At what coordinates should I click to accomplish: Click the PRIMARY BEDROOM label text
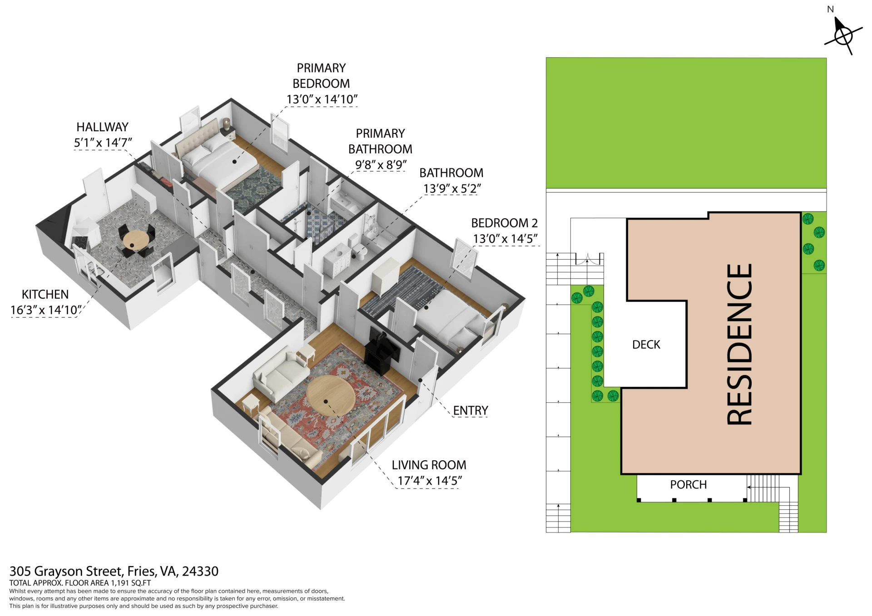point(321,76)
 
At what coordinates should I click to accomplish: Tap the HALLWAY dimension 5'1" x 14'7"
point(103,143)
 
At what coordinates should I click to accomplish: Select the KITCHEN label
point(45,295)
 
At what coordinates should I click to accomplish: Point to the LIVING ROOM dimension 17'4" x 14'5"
point(430,481)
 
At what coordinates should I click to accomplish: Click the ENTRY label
point(471,410)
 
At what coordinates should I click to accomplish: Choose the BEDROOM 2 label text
point(504,223)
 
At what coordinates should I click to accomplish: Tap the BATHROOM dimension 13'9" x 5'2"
point(452,188)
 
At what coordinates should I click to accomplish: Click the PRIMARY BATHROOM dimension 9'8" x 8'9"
point(381,164)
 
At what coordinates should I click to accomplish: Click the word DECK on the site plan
point(646,345)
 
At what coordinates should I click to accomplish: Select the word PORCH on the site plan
point(689,484)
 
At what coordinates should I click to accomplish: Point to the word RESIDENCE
point(739,344)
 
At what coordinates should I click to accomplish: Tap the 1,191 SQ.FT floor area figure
point(131,583)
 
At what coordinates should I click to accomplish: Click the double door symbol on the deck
point(587,259)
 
